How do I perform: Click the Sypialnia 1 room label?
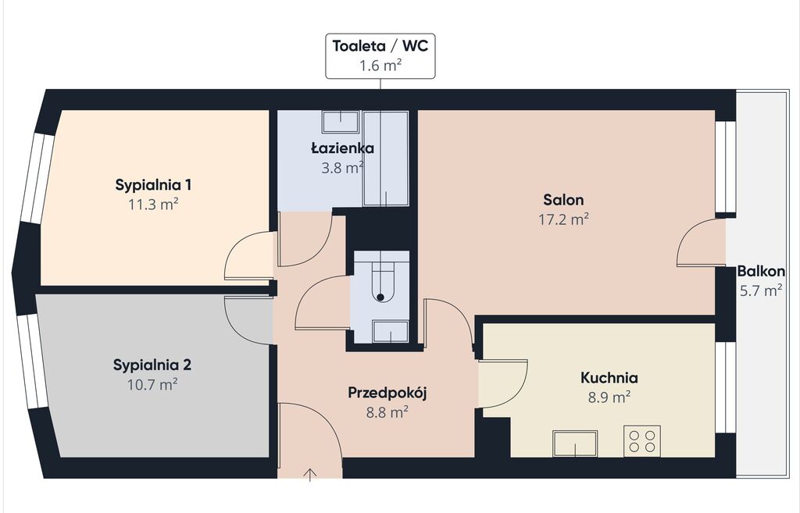153,184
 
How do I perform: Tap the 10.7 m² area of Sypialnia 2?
152,384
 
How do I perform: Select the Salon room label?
563,199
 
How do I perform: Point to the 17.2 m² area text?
564,219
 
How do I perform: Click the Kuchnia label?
609,378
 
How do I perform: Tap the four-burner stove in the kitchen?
642,441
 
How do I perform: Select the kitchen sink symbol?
576,444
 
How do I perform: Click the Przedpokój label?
387,394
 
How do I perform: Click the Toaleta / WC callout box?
380,56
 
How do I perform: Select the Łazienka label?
342,148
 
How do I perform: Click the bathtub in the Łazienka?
386,159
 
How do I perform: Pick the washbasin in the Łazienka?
341,123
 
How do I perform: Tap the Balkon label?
761,271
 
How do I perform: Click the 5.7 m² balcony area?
761,290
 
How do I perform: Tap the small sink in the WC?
391,332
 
